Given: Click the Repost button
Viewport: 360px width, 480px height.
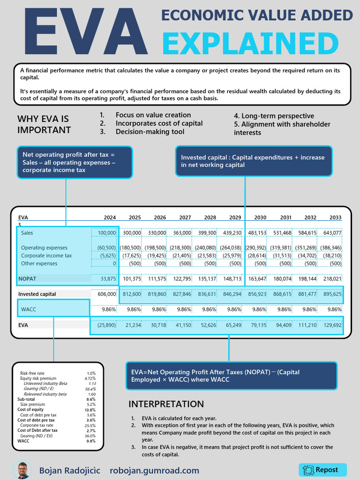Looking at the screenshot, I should coord(322,470).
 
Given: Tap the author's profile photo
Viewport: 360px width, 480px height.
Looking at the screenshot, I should coord(22,470).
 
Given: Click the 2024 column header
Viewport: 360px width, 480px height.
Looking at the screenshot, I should coord(109,217).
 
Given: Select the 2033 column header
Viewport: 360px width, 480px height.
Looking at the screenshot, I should coord(335,217).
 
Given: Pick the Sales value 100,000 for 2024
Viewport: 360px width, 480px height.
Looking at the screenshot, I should coord(107,233).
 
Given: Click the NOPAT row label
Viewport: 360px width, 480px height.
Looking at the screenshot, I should coord(27,279).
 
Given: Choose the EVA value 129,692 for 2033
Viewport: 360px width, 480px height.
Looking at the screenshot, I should coord(332,325).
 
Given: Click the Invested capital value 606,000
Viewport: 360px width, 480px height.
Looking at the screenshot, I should coord(106,294).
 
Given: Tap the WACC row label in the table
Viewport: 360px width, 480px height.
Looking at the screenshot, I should coord(29,309).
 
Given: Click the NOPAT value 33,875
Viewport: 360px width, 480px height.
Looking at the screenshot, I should coord(108,279).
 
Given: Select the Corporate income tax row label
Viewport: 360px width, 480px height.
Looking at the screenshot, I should coord(46,255).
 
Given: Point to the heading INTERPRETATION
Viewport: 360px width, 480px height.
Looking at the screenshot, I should coord(166,404).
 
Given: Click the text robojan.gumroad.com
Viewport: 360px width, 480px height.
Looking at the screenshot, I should coord(154,471).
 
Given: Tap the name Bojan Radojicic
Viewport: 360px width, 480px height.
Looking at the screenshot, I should coord(69,471).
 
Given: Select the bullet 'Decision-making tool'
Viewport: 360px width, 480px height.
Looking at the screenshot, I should coord(150,132).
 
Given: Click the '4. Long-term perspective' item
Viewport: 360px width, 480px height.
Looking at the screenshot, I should coord(274,116).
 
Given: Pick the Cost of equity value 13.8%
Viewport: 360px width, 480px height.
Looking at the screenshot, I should coord(91,410).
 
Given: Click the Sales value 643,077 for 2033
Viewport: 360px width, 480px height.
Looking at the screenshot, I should coord(332,233).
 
